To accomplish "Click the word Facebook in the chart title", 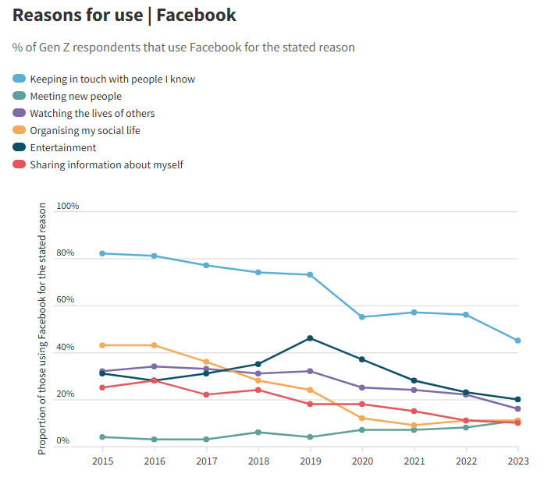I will click(196, 15).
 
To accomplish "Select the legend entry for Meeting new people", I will click(76, 96).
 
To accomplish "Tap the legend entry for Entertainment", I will click(62, 147).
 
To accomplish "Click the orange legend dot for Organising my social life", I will click(20, 130).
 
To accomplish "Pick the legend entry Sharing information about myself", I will click(106, 164).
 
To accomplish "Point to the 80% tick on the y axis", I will click(66, 253).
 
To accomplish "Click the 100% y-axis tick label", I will click(67, 206).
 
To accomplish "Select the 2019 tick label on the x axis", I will click(310, 460).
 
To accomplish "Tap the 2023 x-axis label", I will click(517, 460).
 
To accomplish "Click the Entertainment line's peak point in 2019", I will click(310, 338).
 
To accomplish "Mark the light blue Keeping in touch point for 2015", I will click(102, 253).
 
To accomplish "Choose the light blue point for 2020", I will click(362, 317).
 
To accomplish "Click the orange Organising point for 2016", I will click(155, 345).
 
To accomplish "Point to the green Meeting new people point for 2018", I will click(258, 432).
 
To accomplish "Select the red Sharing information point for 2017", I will click(206, 394).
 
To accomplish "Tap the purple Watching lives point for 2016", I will click(155, 366).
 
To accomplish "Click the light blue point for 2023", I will click(517, 341).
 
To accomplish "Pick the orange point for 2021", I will click(414, 426).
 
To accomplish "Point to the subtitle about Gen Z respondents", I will click(183, 48).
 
